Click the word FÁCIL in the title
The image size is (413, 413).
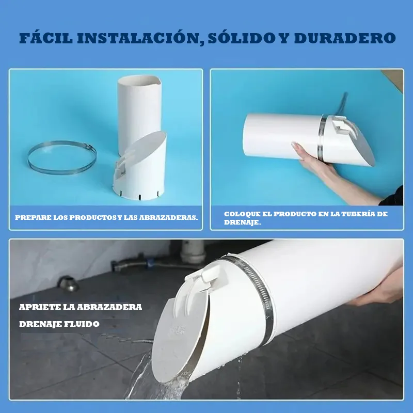click(46, 38)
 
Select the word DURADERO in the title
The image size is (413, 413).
click(345, 38)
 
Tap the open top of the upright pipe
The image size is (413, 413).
click(139, 80)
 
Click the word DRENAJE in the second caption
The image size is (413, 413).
click(242, 223)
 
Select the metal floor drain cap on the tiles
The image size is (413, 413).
click(68, 284)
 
